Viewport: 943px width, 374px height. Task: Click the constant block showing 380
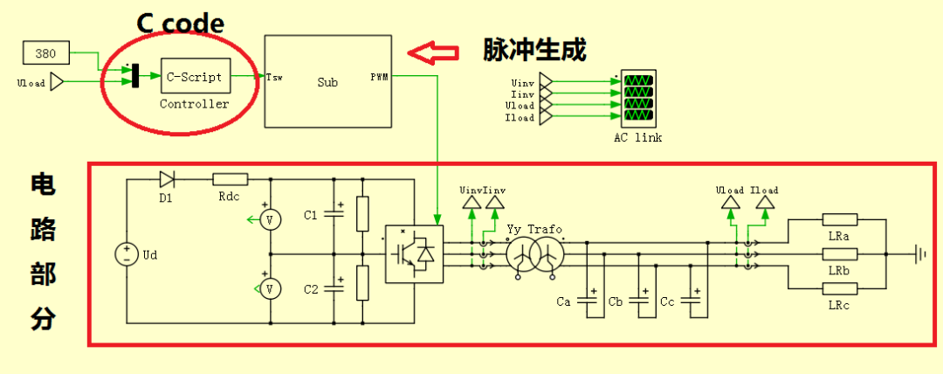point(45,52)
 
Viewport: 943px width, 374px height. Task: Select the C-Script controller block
point(195,77)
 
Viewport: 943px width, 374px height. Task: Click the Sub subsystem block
point(327,81)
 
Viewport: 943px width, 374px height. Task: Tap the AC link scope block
point(637,99)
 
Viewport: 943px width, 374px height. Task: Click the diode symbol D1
point(166,179)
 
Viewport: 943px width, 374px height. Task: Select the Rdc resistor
point(231,179)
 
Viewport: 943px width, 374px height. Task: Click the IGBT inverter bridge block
point(414,253)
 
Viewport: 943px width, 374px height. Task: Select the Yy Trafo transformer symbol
point(535,253)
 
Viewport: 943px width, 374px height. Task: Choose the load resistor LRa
point(840,220)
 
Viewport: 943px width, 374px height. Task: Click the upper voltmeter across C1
point(270,220)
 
